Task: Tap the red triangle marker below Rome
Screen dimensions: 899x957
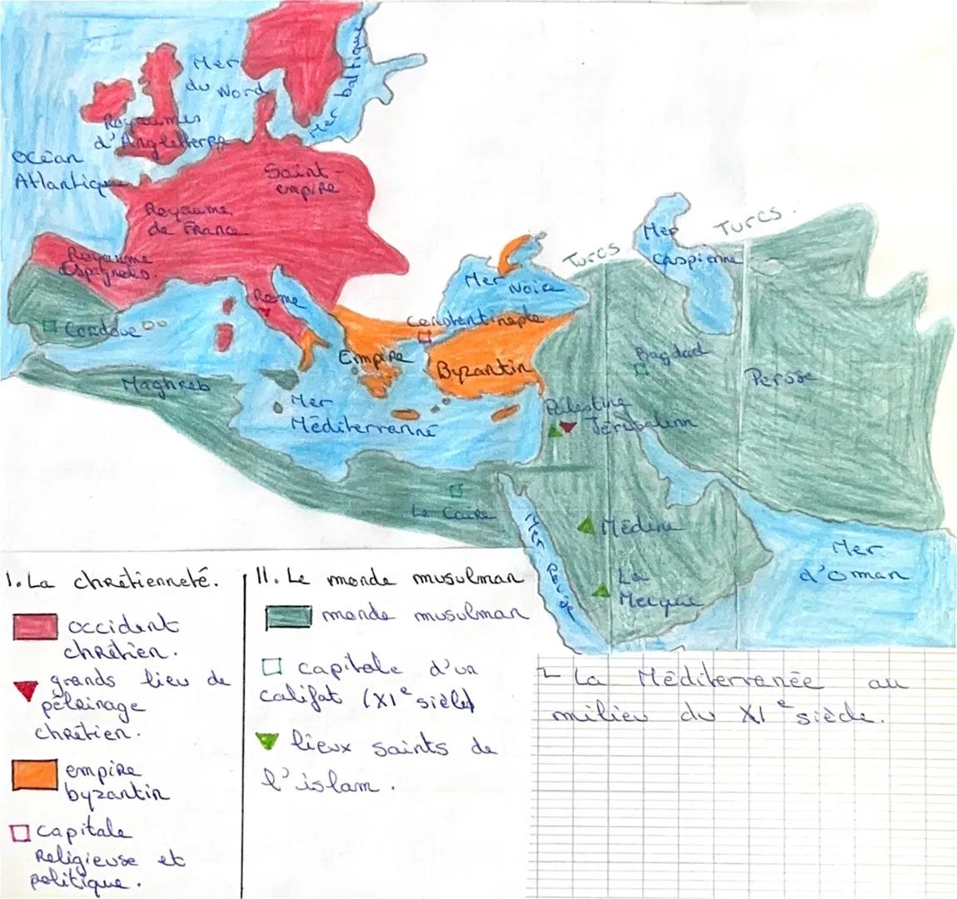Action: [265, 311]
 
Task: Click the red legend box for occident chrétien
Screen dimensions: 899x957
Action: [35, 626]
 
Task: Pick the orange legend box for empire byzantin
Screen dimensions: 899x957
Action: [35, 772]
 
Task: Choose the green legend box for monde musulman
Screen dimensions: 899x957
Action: [289, 615]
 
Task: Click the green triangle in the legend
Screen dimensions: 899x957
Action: [267, 740]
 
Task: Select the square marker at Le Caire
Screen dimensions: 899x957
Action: [456, 490]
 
